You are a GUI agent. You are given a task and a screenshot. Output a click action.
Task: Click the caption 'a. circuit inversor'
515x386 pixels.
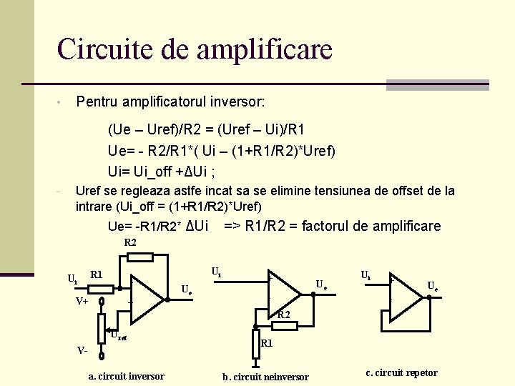(x=126, y=376)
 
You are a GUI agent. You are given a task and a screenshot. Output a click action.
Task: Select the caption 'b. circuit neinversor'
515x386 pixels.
(x=265, y=377)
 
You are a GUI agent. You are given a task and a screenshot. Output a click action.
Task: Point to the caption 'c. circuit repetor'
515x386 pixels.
(x=401, y=372)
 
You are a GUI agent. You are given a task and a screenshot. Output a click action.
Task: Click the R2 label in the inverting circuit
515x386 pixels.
(x=130, y=242)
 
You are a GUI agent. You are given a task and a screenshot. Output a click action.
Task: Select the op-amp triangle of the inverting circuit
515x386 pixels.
(x=145, y=297)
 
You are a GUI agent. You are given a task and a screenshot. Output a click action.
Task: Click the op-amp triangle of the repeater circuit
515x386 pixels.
(x=404, y=295)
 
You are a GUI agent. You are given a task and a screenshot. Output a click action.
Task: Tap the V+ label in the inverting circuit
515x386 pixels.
(x=82, y=302)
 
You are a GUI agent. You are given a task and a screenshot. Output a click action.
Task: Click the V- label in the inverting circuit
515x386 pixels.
(x=82, y=350)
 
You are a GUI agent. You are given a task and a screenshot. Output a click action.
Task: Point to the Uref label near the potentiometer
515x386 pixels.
(x=118, y=334)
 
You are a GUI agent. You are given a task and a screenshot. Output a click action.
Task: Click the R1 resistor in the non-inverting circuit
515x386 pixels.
(x=255, y=343)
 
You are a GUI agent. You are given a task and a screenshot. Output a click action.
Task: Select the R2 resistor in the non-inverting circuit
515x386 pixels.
(x=284, y=326)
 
